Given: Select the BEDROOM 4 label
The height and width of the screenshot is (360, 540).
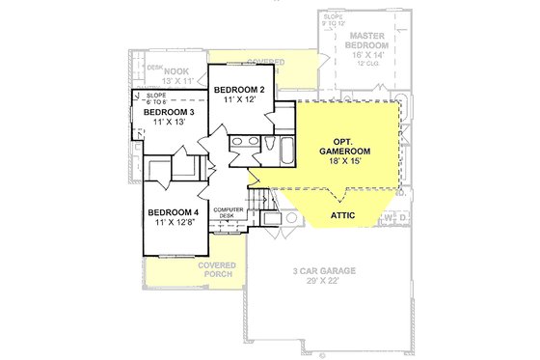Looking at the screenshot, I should tap(173, 212).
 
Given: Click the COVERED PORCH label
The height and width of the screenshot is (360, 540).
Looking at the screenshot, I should tap(214, 269).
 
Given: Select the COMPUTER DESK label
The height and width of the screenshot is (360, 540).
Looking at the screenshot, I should tap(229, 211).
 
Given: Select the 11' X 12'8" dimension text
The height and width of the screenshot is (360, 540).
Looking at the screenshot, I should tap(174, 223).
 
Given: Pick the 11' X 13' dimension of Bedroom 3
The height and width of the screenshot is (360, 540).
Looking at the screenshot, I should tap(166, 124).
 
